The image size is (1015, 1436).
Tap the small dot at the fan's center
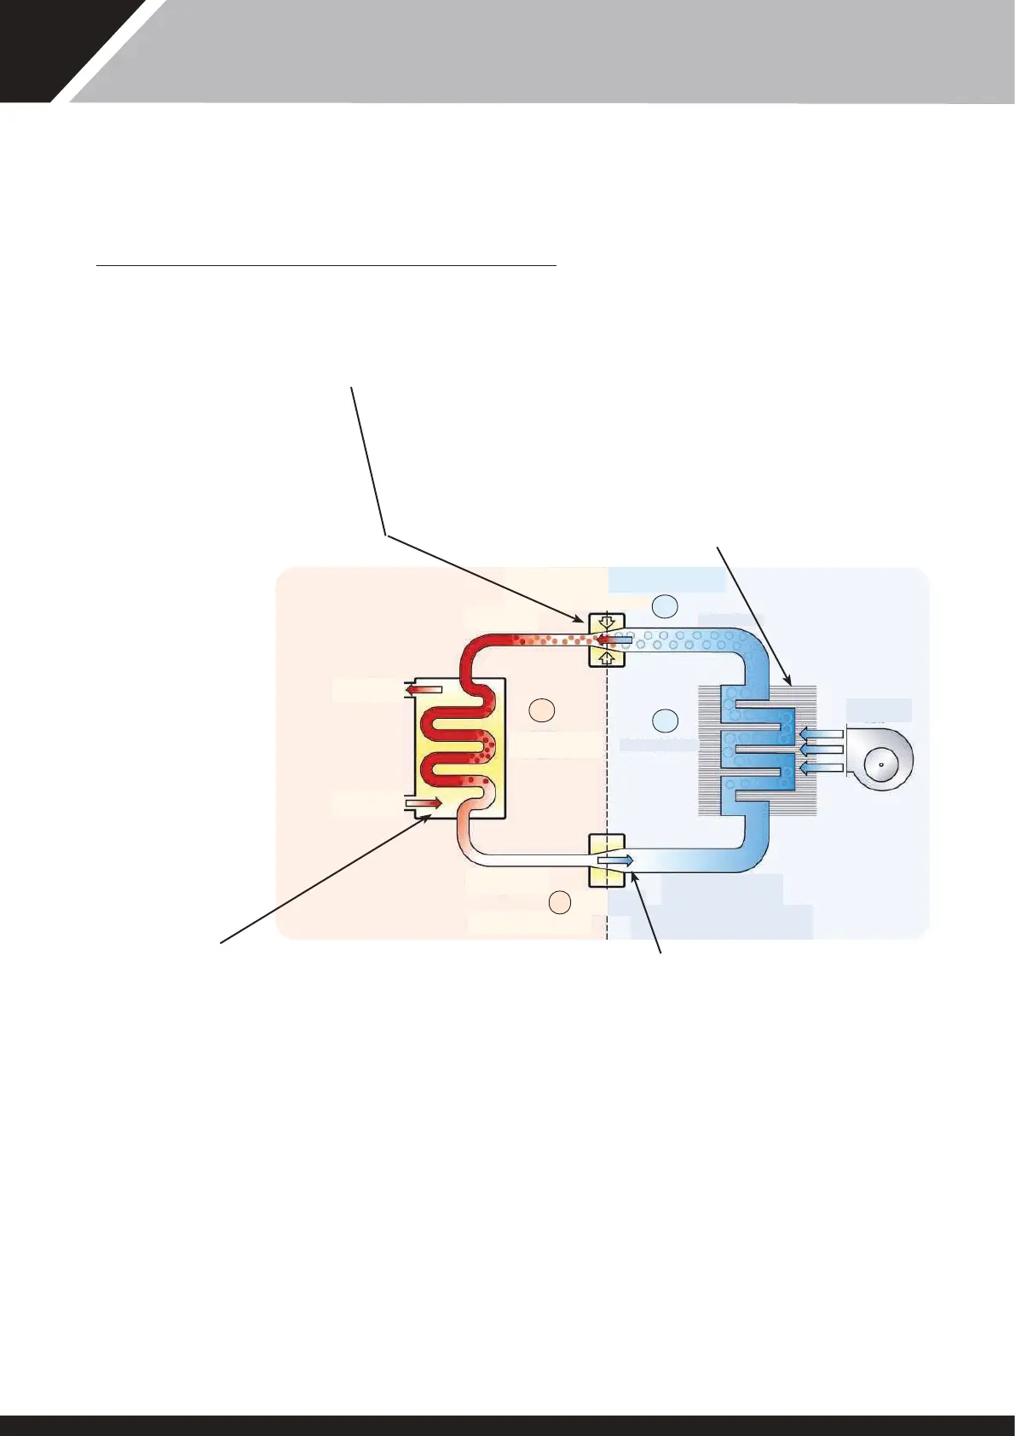coord(880,765)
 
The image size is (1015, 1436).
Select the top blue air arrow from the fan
coord(822,732)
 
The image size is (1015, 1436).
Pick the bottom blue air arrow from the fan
coord(822,768)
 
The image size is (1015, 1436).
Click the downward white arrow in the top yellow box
coord(606,621)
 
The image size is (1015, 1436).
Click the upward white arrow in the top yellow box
coord(606,657)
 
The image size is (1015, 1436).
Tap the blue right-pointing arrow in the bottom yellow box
coord(615,861)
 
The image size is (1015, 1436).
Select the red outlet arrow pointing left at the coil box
coord(424,689)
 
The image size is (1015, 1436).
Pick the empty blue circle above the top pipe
coord(665,606)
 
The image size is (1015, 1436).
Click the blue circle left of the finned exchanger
coord(665,721)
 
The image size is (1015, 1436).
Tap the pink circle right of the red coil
coord(542,709)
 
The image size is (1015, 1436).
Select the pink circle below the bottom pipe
coord(559,901)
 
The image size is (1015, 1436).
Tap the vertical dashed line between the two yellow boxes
coord(607,750)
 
